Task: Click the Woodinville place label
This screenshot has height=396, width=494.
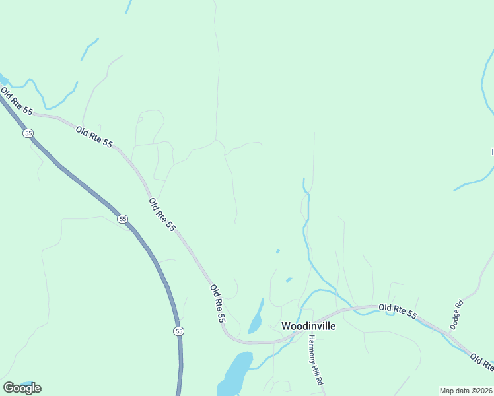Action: coord(308,326)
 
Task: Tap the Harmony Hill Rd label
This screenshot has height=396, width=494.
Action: coord(315,360)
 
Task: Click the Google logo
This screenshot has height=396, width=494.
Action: coord(22,388)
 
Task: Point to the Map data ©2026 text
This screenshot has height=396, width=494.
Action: coord(466,391)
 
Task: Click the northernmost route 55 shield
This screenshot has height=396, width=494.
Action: coord(28,133)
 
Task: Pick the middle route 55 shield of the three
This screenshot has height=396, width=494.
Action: coord(123,219)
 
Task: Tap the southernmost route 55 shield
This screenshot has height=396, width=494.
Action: coord(178,331)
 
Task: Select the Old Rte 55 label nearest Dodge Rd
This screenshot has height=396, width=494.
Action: coord(398,312)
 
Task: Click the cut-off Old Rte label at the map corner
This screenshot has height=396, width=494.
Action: coord(482,363)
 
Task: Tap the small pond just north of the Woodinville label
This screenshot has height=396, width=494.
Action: coord(289,280)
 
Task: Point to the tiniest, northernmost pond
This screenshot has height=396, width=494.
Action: coord(277,251)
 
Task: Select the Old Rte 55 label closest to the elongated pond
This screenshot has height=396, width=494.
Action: coord(218,304)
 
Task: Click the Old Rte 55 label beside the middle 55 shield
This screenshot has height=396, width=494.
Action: coord(162,215)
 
